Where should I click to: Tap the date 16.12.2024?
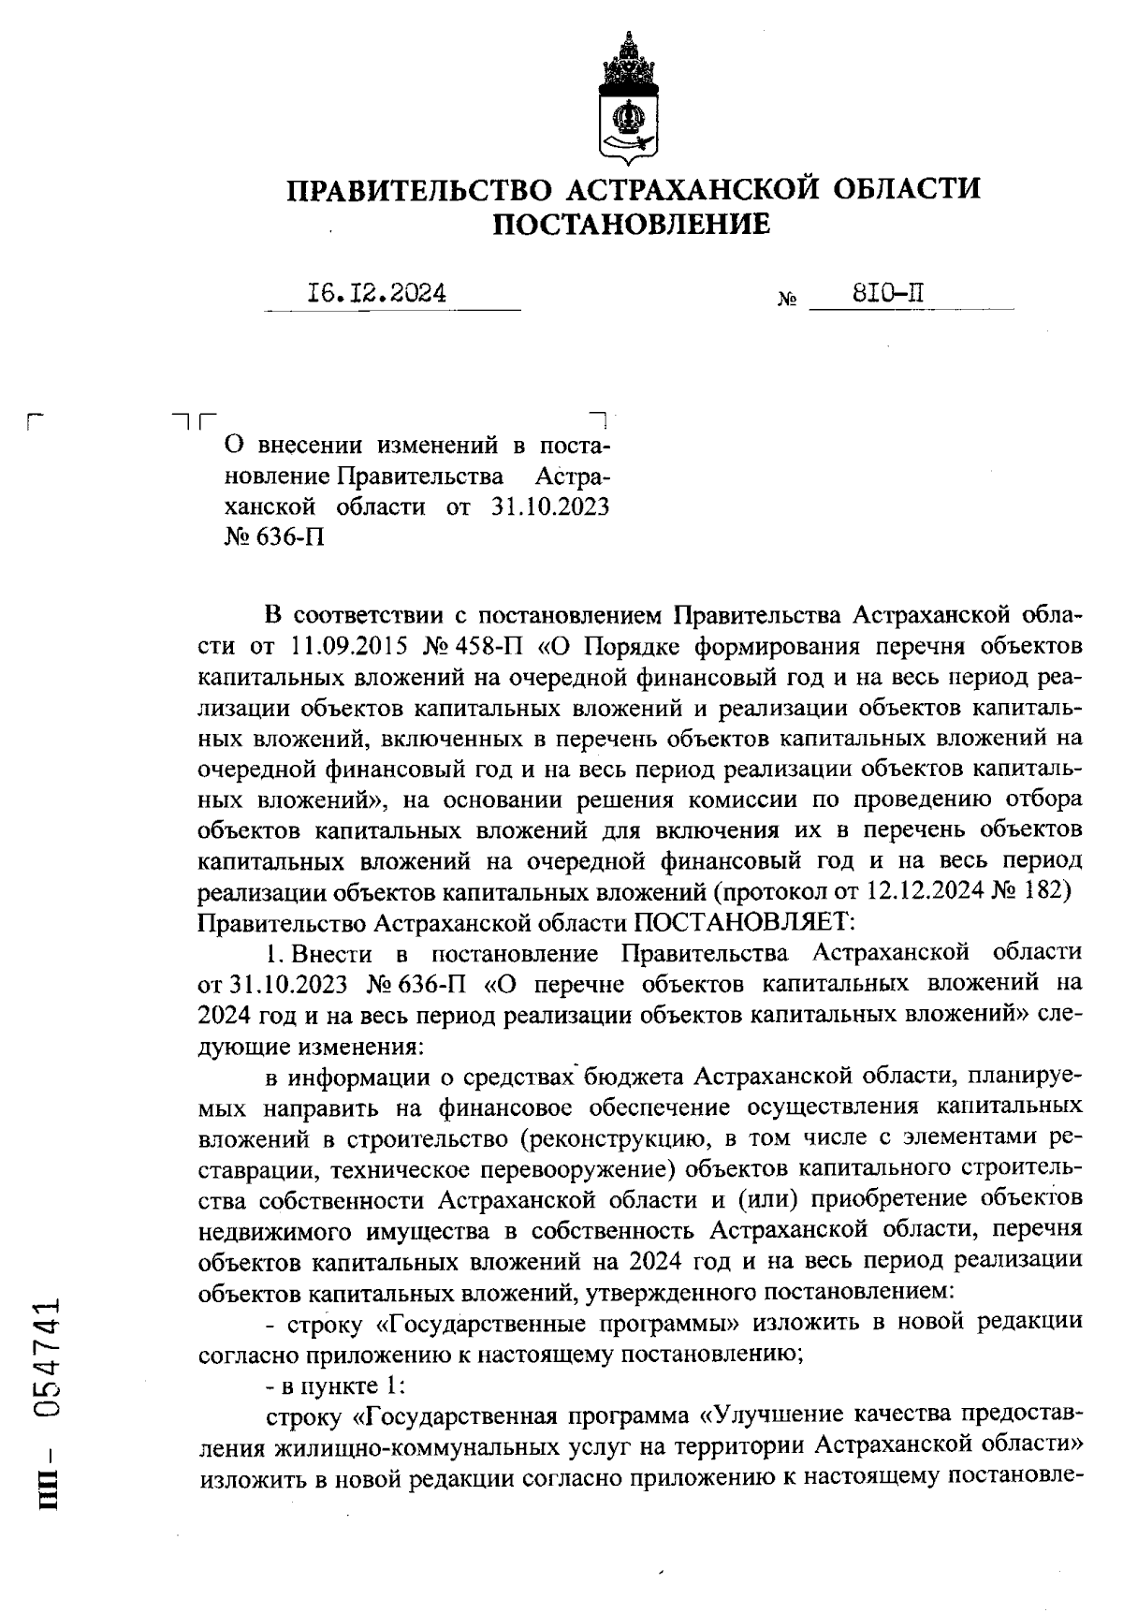point(377,294)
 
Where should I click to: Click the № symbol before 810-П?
point(787,301)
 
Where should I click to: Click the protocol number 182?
point(1048,889)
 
